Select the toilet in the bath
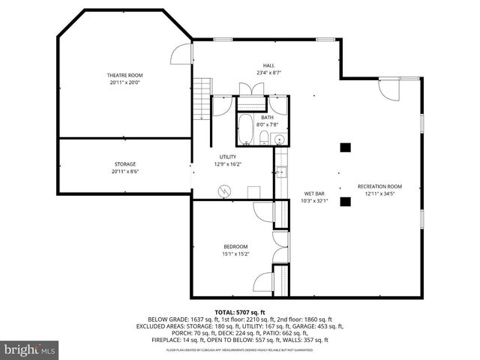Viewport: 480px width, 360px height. pyautogui.click(x=265, y=137)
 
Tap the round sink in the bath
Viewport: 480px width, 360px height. pyautogui.click(x=278, y=138)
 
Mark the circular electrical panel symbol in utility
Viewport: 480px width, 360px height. pyautogui.click(x=223, y=190)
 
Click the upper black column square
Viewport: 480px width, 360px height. pyautogui.click(x=344, y=147)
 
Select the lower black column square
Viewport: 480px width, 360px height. pyautogui.click(x=344, y=200)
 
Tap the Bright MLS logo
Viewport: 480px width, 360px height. pyautogui.click(x=30, y=349)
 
